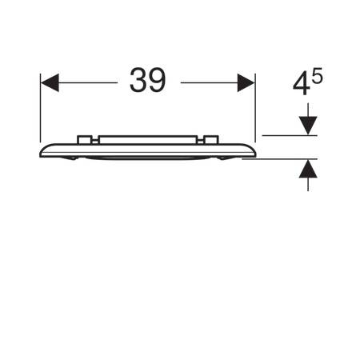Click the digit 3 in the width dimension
[x=138, y=80]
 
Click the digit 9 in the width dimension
[x=157, y=80]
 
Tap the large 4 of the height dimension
[x=302, y=84]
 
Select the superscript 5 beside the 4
[x=318, y=75]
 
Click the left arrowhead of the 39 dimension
[x=50, y=82]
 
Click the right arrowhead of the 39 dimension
[x=246, y=82]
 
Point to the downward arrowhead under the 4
[x=308, y=126]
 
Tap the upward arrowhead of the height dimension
[x=308, y=169]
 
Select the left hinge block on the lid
[x=85, y=140]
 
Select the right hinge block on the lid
[x=211, y=140]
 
